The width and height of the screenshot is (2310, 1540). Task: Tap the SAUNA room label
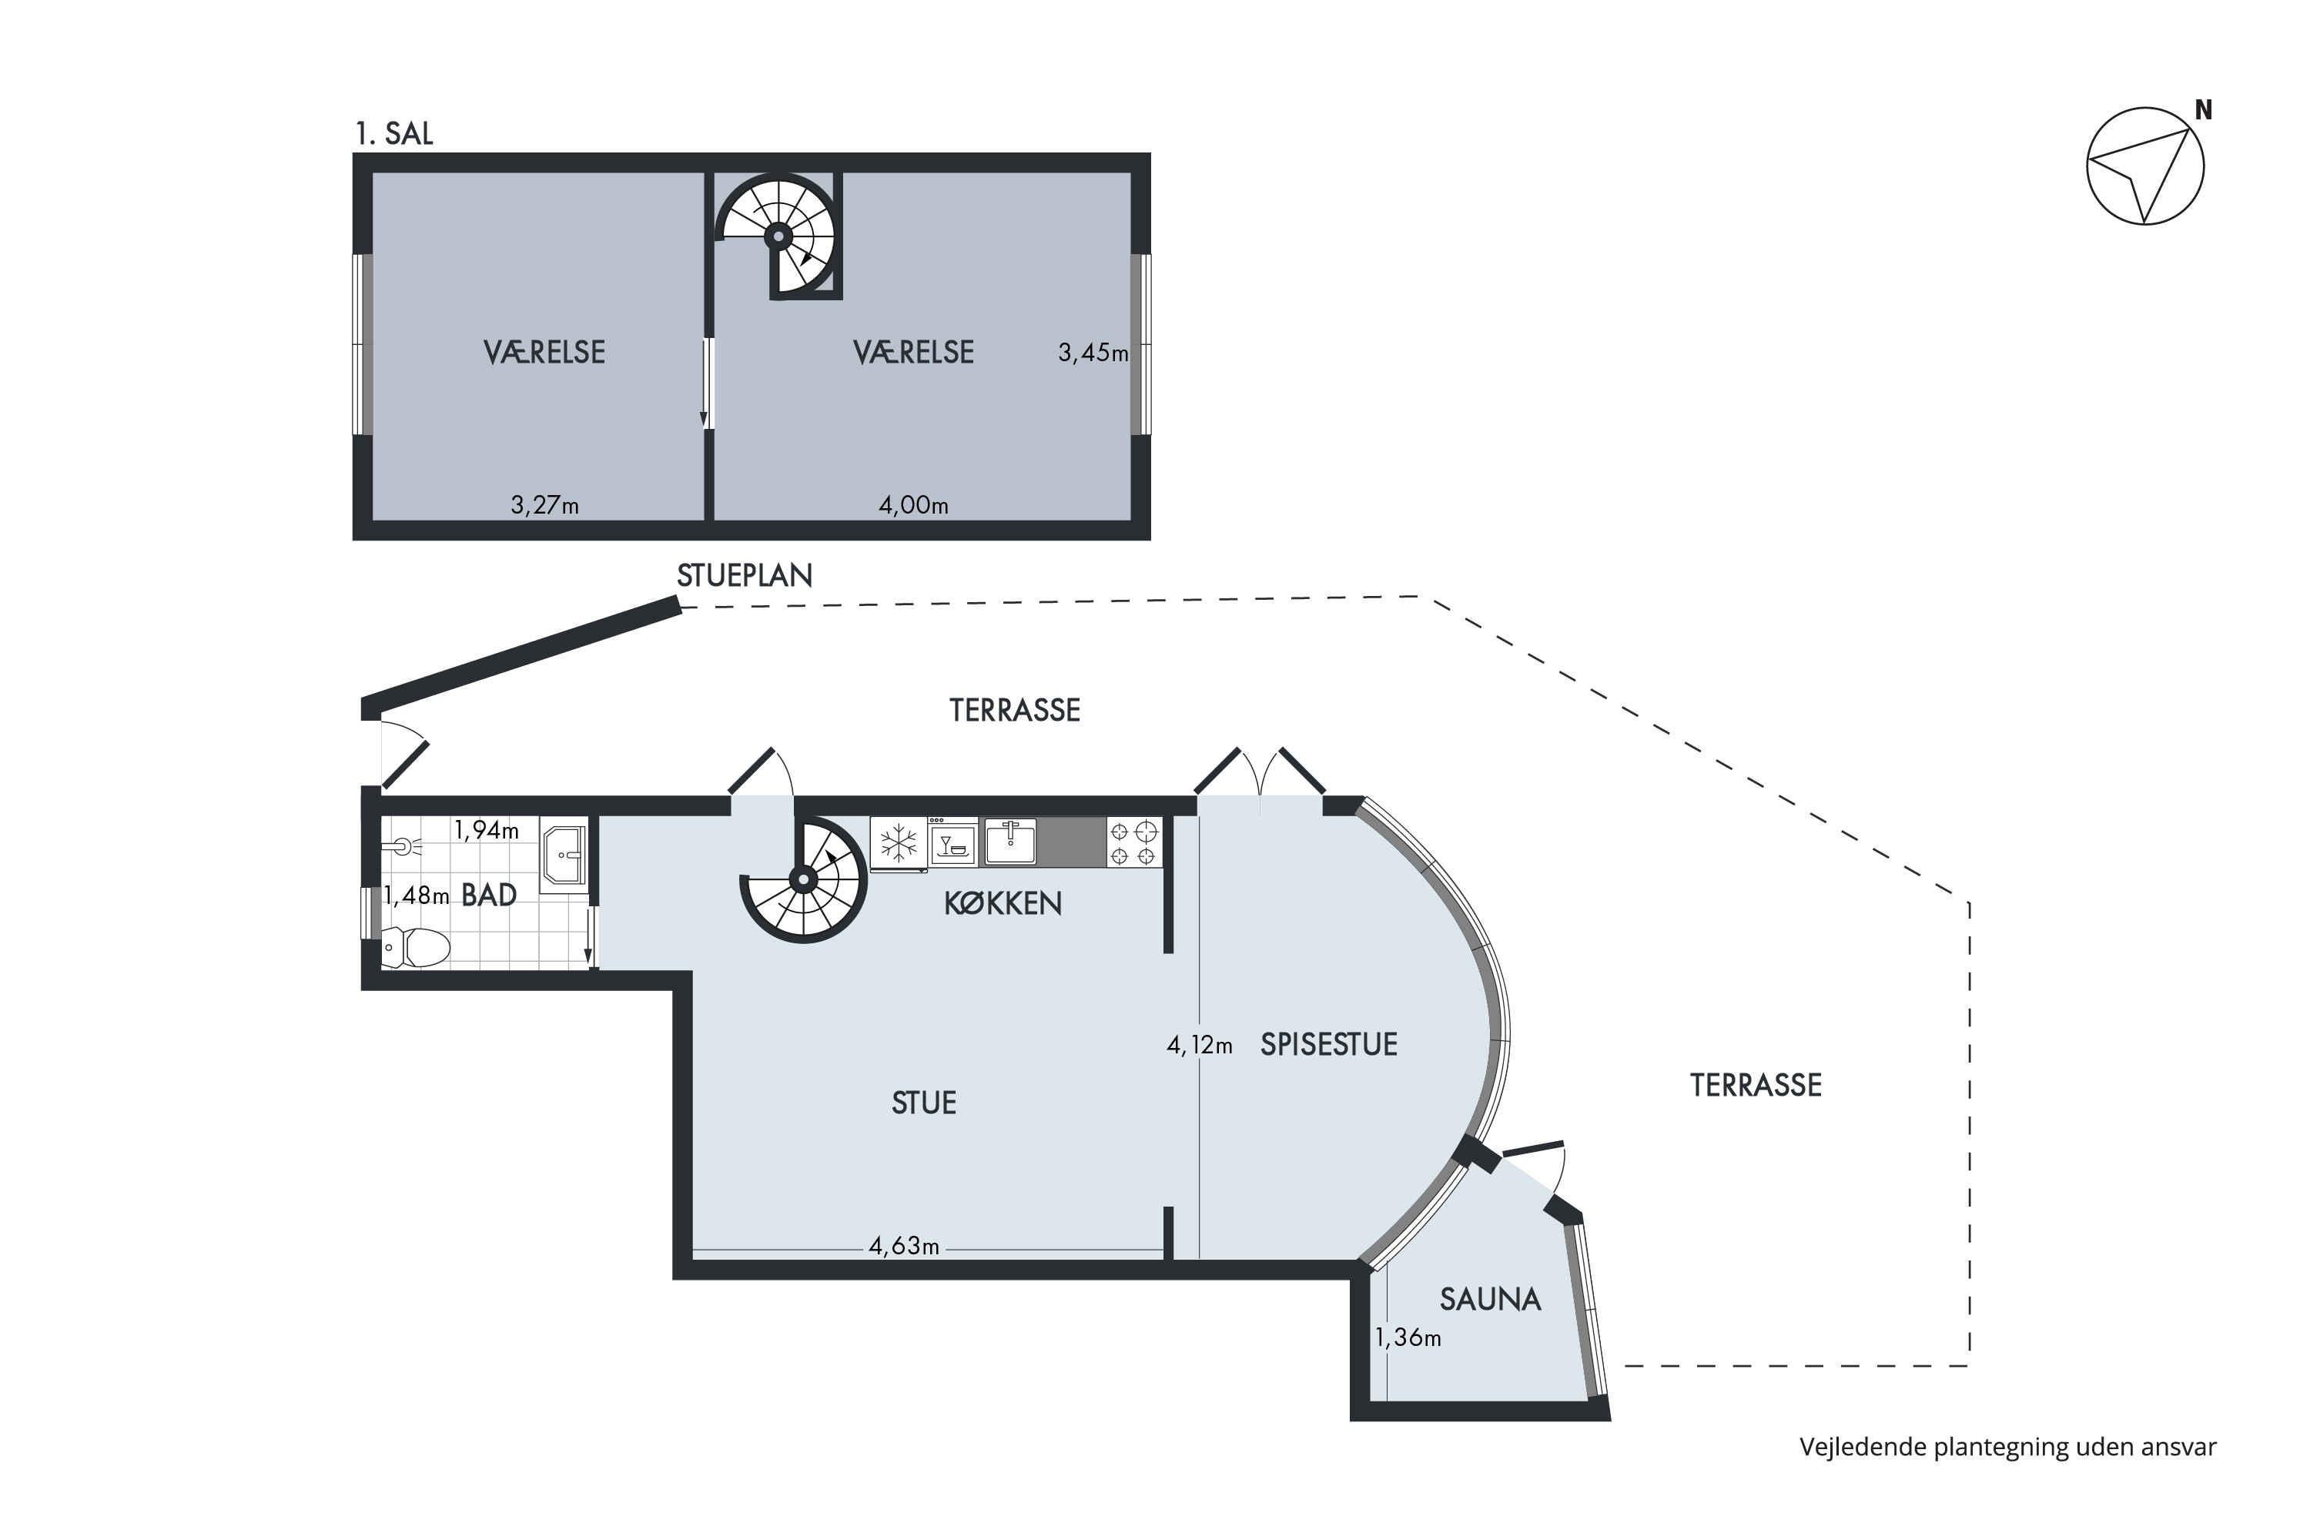[1490, 1301]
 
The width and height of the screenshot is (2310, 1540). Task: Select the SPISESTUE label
[1329, 1044]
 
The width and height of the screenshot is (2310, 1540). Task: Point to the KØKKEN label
[1003, 903]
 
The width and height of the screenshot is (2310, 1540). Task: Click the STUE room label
[923, 1103]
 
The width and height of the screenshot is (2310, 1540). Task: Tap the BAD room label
[489, 895]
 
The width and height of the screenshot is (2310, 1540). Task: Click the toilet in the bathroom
[416, 948]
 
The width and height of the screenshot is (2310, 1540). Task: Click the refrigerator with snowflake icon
[899, 842]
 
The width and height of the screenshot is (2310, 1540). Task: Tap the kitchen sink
[1009, 842]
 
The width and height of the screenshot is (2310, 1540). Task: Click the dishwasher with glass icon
[952, 842]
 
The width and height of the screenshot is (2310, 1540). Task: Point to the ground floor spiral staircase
[803, 880]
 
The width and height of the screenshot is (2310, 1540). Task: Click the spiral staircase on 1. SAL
[778, 236]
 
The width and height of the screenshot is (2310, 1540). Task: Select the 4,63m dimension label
[903, 1247]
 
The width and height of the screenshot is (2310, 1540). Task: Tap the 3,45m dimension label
[1093, 353]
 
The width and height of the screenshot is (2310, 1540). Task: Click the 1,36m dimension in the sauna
[1408, 1337]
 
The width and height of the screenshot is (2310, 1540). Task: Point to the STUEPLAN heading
[745, 575]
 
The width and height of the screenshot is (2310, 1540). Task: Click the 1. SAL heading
[393, 133]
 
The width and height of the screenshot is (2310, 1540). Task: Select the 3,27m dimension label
[544, 506]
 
